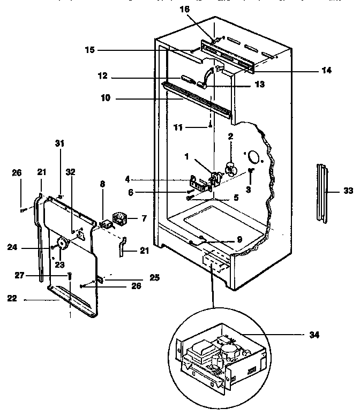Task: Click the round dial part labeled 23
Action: [63, 244]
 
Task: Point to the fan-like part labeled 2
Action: [231, 169]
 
